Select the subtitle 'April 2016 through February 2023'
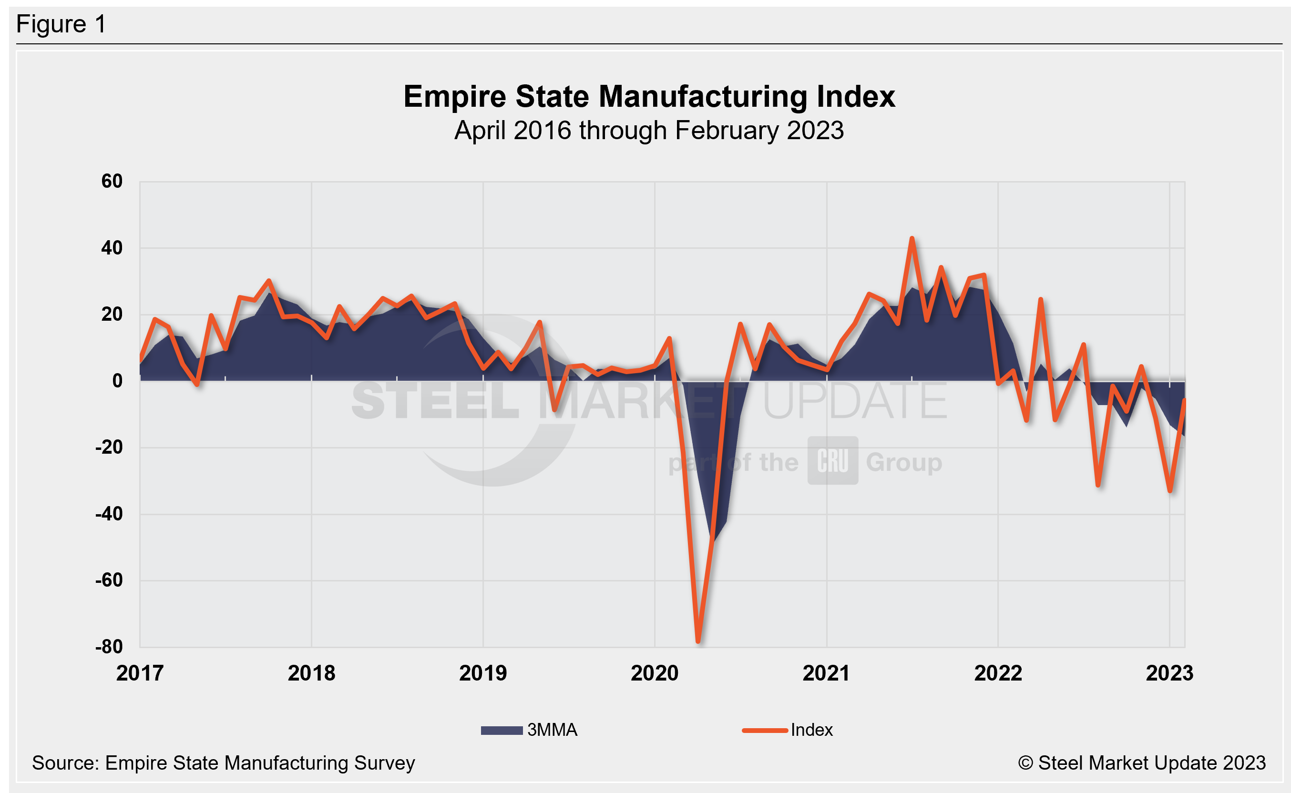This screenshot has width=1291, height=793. click(649, 131)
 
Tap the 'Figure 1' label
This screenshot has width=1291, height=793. click(61, 24)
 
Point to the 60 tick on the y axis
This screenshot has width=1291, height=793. click(112, 182)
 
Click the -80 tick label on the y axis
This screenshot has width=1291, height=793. click(109, 647)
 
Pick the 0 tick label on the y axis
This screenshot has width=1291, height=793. click(117, 381)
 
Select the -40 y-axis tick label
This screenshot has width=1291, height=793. click(109, 514)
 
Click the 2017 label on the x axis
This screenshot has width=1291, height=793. click(140, 673)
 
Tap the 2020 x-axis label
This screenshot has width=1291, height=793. click(655, 673)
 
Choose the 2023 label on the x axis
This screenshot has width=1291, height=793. click(1169, 673)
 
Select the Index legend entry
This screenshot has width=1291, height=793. click(788, 730)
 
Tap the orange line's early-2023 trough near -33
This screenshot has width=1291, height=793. click(1170, 490)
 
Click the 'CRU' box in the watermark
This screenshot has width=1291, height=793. click(832, 461)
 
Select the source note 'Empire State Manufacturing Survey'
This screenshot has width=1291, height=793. click(224, 763)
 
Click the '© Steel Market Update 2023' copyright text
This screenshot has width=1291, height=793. click(1141, 763)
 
